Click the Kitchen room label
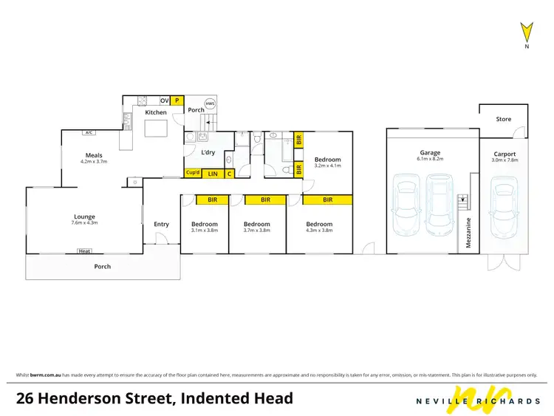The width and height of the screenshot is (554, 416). coord(156,112)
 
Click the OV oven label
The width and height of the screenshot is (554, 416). coord(164,100)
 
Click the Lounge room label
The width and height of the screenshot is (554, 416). coord(84,217)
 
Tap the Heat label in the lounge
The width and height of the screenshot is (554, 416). coord(84,251)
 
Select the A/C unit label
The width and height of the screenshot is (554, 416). coord(89,133)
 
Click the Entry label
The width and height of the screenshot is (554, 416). coord(161,225)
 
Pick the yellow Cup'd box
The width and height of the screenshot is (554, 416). coord(193,174)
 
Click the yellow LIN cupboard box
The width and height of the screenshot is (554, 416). coord(213,174)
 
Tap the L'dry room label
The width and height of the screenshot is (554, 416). coord(208,152)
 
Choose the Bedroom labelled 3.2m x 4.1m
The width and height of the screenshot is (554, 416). coord(327,160)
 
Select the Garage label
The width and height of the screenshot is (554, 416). coord(430,153)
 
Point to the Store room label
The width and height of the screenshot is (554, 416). coord(503,118)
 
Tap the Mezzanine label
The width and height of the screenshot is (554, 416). coord(468,232)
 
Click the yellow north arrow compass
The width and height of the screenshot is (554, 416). coord(527,33)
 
